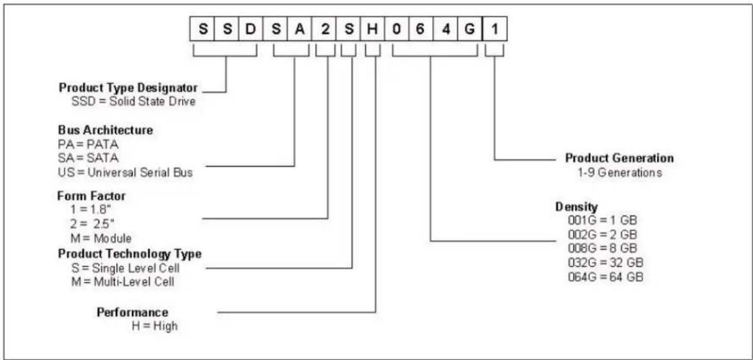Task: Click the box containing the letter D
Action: [x=251, y=30]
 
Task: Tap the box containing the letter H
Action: [x=372, y=30]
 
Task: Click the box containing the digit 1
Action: [x=494, y=30]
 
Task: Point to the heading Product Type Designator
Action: [x=128, y=88]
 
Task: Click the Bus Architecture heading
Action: [x=106, y=130]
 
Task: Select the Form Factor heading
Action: [x=92, y=196]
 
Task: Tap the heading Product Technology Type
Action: [x=129, y=253]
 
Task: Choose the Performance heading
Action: [x=133, y=312]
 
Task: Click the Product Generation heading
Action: [x=619, y=158]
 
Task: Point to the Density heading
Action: [x=576, y=207]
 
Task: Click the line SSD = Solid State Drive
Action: [x=133, y=102]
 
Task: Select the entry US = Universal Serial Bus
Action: [x=125, y=172]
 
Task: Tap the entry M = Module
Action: [x=101, y=238]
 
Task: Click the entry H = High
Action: [x=155, y=325]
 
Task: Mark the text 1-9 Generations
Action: [x=620, y=172]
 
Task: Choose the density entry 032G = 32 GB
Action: [x=605, y=263]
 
